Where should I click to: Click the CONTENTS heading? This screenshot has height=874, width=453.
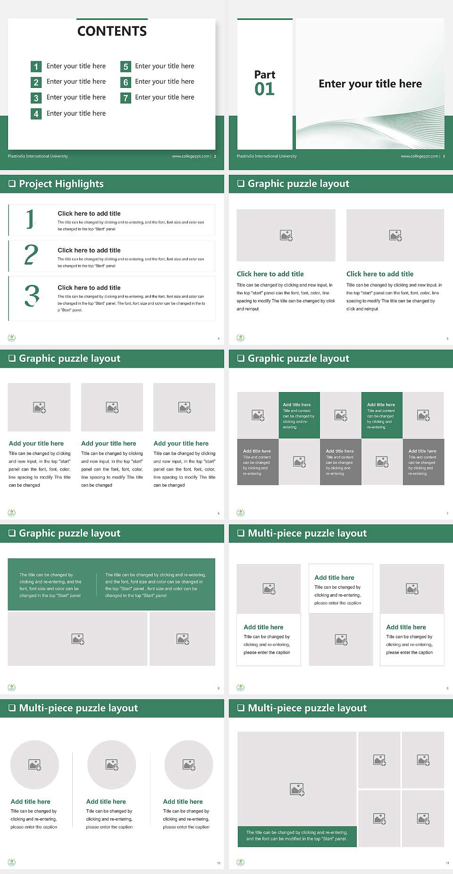(x=112, y=31)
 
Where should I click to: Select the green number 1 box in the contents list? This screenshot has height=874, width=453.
(x=36, y=67)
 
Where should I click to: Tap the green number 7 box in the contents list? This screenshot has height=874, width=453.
(x=126, y=98)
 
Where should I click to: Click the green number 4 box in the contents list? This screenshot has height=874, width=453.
(x=36, y=114)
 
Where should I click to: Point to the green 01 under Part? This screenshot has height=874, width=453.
(x=264, y=89)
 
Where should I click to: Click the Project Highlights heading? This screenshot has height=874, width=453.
(x=61, y=184)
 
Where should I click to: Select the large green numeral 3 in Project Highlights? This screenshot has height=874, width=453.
(x=32, y=296)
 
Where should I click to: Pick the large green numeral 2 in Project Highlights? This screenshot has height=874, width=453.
(x=31, y=255)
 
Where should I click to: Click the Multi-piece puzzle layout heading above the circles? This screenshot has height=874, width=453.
(x=78, y=708)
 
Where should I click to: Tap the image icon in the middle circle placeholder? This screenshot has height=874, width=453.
(x=112, y=764)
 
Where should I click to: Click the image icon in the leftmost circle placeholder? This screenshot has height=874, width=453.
(x=35, y=764)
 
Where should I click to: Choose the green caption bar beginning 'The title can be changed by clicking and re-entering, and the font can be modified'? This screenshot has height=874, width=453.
(x=297, y=836)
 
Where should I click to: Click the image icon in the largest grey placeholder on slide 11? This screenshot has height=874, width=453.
(x=297, y=789)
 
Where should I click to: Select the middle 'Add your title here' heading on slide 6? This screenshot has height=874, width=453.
(x=109, y=444)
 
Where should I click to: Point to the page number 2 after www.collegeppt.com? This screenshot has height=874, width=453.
(x=215, y=156)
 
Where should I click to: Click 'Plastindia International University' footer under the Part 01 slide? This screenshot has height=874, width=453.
(x=267, y=156)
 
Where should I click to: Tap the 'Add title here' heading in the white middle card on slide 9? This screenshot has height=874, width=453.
(x=334, y=577)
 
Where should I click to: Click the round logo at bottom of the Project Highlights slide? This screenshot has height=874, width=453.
(x=12, y=338)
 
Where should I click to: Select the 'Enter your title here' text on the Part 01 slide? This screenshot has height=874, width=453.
(x=370, y=84)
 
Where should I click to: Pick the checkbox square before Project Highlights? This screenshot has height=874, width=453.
(x=12, y=184)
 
